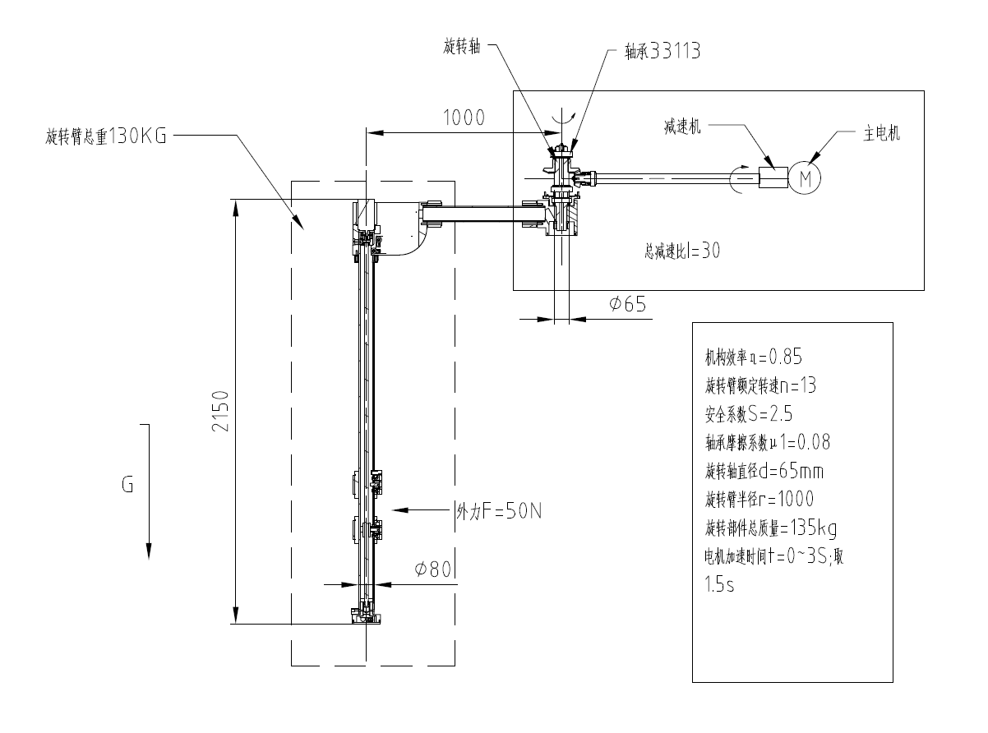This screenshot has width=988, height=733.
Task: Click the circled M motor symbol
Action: [805, 176]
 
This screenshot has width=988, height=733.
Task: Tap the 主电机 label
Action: [881, 135]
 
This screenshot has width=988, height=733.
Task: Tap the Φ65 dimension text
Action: [627, 304]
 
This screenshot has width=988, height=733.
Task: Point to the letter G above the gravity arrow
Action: [127, 485]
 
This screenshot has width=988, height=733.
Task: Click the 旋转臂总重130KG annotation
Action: [106, 136]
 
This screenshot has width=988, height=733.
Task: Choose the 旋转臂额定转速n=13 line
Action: [759, 385]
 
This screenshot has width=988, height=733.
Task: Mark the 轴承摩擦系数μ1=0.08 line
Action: [768, 442]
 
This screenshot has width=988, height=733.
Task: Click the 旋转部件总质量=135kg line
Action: [771, 527]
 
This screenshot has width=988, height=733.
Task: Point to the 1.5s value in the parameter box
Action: [722, 588]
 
